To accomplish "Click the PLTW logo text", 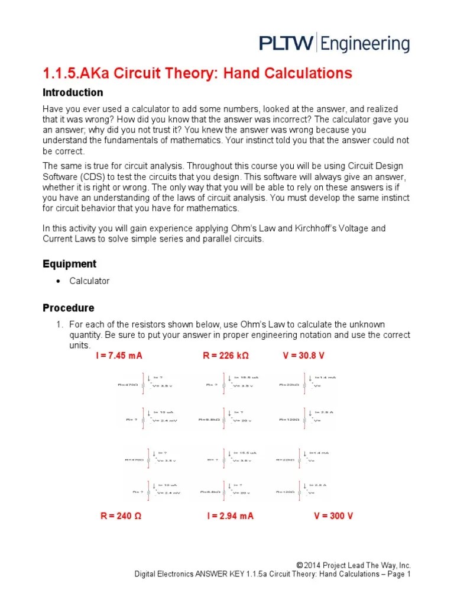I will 287,44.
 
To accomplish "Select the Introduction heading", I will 73,93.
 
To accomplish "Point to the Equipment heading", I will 69,264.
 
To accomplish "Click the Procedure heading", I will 68,308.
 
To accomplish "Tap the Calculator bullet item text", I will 89,281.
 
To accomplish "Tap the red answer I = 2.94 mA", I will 230,516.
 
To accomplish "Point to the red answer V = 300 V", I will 333,516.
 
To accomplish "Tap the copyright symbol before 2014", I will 300,566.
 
